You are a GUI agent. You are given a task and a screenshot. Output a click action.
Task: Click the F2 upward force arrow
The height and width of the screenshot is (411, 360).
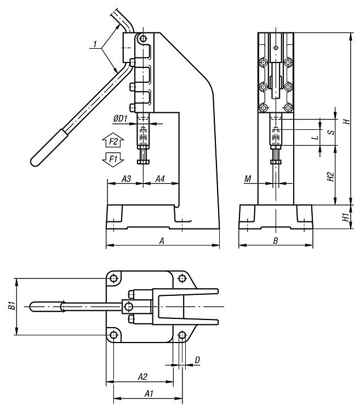point(113,142)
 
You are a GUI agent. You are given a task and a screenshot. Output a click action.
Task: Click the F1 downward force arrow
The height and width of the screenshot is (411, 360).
point(113,159)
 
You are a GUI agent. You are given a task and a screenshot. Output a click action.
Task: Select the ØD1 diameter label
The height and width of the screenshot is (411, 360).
point(120,119)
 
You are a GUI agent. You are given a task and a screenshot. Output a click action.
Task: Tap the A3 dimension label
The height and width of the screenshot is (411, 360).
point(126,179)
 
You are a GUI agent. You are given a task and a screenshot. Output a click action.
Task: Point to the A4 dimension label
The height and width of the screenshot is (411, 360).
point(160,179)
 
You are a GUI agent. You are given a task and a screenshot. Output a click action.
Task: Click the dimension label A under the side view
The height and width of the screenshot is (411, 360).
point(162,241)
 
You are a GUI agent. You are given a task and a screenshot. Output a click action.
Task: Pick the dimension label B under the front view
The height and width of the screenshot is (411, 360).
point(276,241)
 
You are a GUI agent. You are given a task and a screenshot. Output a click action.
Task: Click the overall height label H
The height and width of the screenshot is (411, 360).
point(346,122)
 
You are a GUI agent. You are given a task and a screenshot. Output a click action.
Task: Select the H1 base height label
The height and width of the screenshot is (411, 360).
point(346,217)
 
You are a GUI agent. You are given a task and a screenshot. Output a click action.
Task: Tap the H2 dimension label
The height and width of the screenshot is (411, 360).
point(330,176)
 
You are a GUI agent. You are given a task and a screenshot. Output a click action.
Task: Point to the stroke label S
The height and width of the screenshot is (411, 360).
point(332,132)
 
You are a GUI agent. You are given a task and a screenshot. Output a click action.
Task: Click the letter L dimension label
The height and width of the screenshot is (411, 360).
point(316,138)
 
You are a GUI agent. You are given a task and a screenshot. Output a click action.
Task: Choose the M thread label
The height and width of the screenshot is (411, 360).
point(248,179)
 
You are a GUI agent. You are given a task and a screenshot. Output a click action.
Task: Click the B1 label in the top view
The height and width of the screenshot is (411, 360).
point(12,306)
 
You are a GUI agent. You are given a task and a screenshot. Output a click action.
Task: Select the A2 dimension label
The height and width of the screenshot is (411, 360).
point(142,377)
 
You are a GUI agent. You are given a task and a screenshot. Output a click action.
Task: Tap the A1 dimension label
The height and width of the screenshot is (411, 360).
point(149,393)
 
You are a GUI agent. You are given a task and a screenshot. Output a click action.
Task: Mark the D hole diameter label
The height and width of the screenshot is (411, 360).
point(197,360)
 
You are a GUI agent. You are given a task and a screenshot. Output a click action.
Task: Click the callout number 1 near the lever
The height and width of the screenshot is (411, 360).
point(95,44)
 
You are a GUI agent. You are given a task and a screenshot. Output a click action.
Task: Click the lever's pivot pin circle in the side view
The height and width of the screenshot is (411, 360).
point(143,39)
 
